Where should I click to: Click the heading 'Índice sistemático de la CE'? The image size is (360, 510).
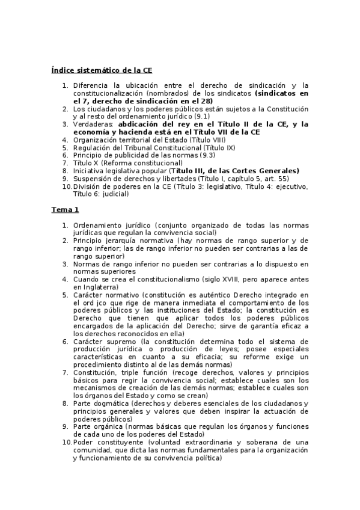[102, 70]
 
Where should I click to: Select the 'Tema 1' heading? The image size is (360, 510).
[65, 209]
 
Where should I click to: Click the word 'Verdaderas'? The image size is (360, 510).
[94, 124]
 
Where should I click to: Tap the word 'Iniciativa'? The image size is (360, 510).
[90, 171]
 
